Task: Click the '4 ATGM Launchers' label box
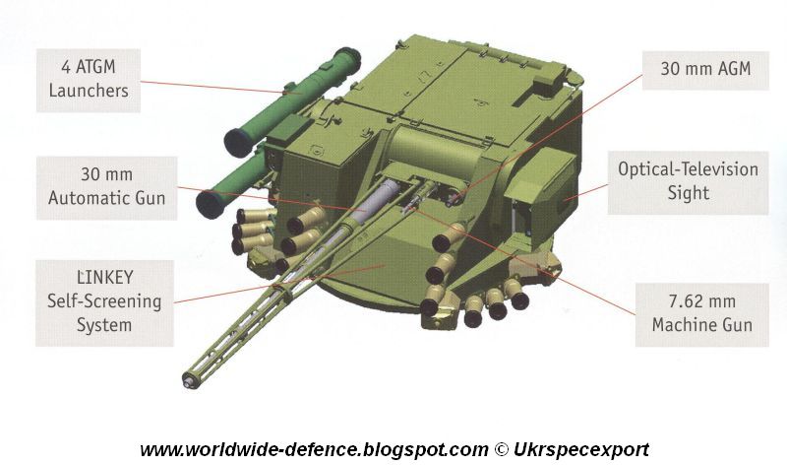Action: point(89,81)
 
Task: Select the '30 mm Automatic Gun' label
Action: point(106,187)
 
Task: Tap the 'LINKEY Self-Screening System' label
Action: point(104,302)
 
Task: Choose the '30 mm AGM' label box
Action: point(705,70)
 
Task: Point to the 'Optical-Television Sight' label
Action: point(688,182)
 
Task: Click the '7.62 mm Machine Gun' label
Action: point(701,314)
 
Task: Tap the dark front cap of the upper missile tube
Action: point(239,143)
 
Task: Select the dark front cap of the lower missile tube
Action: point(211,205)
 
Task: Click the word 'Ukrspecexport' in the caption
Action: point(580,449)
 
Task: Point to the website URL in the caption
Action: point(314,449)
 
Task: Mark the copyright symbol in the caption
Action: point(501,449)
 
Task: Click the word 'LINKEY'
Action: point(105,278)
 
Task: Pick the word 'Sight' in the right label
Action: point(688,193)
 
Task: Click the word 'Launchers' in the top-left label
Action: point(89,91)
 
